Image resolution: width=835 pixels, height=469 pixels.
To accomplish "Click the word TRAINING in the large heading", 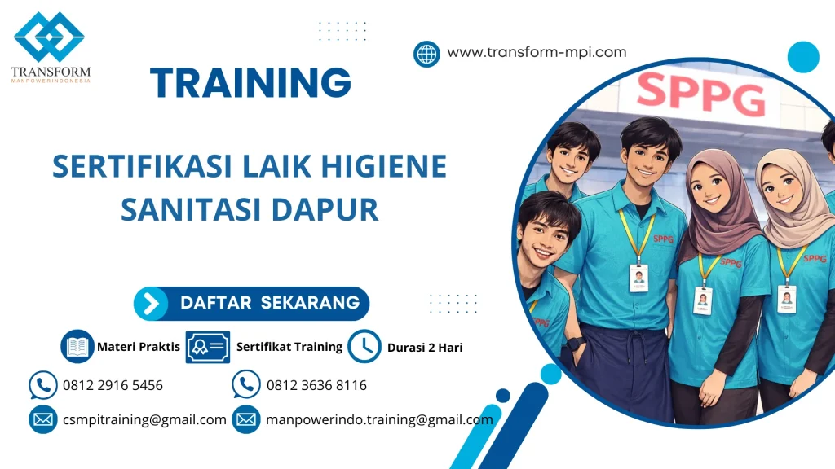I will (250, 83).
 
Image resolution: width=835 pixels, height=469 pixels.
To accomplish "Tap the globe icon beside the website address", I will (426, 54).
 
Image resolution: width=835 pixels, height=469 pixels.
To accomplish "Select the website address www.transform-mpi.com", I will (537, 52).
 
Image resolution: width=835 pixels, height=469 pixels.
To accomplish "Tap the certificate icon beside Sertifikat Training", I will (207, 347).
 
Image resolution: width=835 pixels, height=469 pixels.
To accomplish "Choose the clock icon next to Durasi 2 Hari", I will (364, 347).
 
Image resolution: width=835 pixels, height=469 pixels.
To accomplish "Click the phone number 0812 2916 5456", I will (113, 385).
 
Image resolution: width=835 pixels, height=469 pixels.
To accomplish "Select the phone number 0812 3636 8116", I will (316, 385).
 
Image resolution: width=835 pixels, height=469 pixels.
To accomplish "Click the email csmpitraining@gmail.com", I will (144, 420).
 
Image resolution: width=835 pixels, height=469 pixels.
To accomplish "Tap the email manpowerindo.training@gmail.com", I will (379, 420).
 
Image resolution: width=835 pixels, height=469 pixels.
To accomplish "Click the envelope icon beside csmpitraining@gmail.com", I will (42, 420).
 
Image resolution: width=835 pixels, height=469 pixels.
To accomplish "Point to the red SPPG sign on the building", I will (700, 94).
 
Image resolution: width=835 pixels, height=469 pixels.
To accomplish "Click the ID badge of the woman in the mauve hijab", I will (702, 300).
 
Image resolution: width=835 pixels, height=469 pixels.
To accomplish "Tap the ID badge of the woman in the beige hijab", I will (786, 298).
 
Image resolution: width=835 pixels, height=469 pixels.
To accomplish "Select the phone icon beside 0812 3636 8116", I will (246, 385).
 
